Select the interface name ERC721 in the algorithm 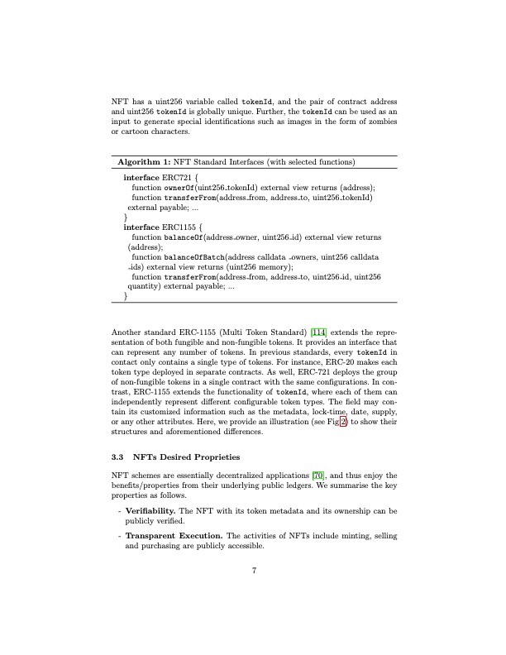pos(175,178)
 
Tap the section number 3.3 pos(117,456)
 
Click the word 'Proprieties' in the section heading pos(215,456)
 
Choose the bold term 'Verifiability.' pos(157,511)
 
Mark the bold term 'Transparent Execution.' pos(173,536)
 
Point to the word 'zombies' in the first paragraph pos(383,122)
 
